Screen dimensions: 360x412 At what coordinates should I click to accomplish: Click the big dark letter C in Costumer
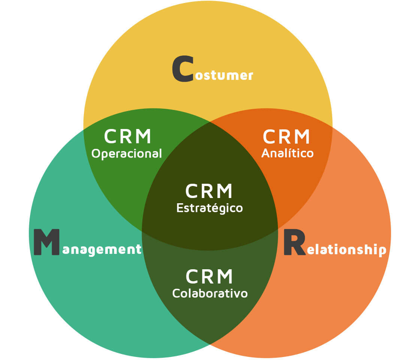click(x=182, y=69)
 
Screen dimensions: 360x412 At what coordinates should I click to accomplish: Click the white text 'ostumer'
click(x=224, y=75)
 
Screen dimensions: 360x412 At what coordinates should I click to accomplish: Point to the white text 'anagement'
click(x=102, y=249)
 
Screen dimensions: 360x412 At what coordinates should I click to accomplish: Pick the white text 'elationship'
click(x=346, y=250)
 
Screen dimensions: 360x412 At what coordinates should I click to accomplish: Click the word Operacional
click(x=127, y=154)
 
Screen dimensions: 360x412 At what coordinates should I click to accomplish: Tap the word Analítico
click(x=287, y=153)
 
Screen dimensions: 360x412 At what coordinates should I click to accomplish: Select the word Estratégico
click(x=209, y=208)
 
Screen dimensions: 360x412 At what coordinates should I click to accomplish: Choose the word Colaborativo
click(x=210, y=293)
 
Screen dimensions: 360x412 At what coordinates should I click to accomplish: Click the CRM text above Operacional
click(x=128, y=137)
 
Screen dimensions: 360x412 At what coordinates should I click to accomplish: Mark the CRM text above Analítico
click(x=287, y=137)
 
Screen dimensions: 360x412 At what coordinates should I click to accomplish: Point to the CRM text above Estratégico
click(x=209, y=191)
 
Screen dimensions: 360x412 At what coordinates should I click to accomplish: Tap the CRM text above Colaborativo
click(x=209, y=277)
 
